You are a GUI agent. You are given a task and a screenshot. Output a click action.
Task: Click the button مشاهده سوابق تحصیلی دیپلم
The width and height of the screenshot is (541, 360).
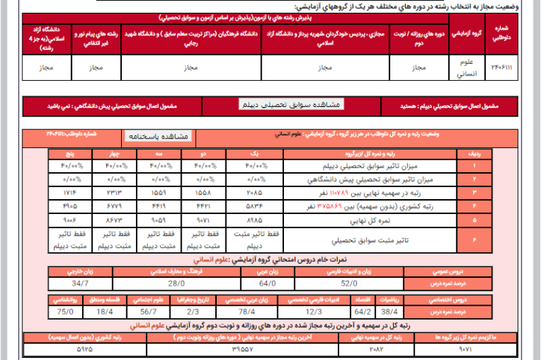[x=292, y=104]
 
